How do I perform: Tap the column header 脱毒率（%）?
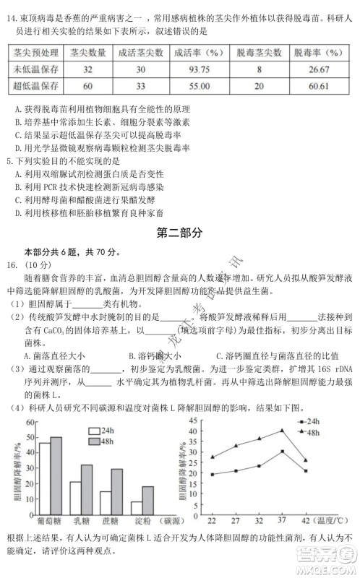coord(317,53)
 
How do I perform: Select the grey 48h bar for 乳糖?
coord(86,488)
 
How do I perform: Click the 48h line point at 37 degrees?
coord(282,431)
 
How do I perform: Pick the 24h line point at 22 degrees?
coord(212,475)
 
